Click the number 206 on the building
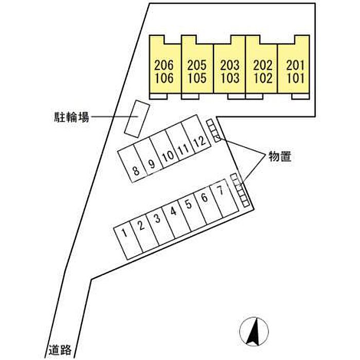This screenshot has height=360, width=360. [x=164, y=65]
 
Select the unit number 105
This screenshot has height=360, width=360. [x=197, y=78]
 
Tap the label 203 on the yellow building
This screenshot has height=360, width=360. [x=230, y=65]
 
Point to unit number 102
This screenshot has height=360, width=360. [x=263, y=78]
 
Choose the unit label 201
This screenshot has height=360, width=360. [x=296, y=65]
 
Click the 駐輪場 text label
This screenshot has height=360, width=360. [x=71, y=117]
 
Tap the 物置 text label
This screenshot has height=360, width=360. [x=280, y=157]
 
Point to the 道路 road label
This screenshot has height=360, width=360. [x=60, y=350]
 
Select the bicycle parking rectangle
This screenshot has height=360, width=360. [x=137, y=119]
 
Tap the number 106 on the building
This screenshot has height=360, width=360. [x=164, y=78]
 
